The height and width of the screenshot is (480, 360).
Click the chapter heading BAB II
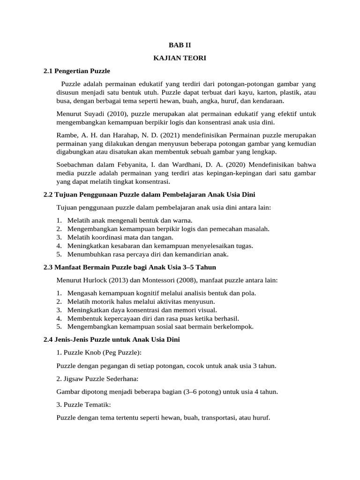[180, 45]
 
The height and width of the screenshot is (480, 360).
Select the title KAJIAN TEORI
[180, 58]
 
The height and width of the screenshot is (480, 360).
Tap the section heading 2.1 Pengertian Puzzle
[76, 71]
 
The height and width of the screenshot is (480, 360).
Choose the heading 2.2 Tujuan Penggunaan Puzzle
[149, 195]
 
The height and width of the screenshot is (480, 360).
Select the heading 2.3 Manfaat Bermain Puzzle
[129, 267]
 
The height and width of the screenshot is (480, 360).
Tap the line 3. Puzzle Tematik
[83, 404]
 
